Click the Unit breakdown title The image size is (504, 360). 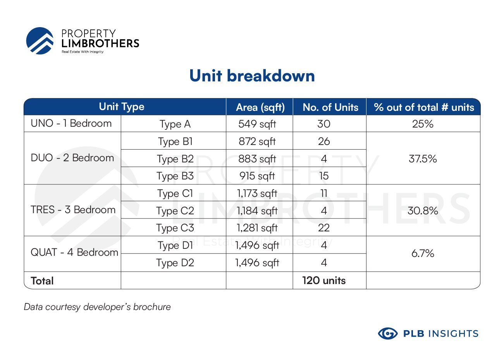click(252, 76)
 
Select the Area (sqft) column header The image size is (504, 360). click(260, 107)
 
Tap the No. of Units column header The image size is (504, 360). click(330, 107)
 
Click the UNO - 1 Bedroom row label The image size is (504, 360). click(71, 123)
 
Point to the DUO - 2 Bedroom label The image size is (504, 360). click(72, 158)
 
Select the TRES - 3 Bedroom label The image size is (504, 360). click(73, 210)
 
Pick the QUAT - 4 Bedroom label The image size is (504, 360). click(74, 252)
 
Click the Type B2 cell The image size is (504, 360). click(175, 159)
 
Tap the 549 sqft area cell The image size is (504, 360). click(257, 124)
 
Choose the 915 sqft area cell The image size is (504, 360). click(257, 176)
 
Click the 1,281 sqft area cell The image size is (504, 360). click(257, 228)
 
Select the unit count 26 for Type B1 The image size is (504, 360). click(324, 141)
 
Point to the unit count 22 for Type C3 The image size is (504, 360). click(324, 228)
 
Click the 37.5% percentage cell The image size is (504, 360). click(423, 158)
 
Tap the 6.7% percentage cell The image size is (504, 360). click(423, 253)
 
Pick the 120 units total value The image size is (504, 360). click(324, 281)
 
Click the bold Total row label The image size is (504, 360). click(42, 281)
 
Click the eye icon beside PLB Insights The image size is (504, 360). click(388, 333)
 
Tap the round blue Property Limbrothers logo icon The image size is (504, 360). click(40, 41)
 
